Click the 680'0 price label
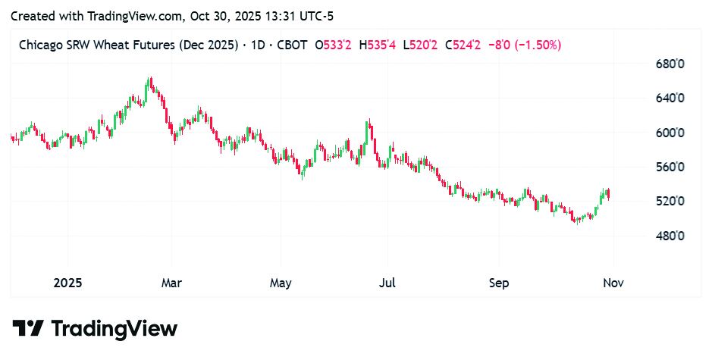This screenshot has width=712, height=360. point(670,64)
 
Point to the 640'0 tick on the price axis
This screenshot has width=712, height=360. point(670,99)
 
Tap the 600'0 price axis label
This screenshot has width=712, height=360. point(670,133)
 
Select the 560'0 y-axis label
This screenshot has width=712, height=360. point(670,167)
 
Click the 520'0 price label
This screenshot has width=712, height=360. point(670,202)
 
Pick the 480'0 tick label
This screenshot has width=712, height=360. point(670,236)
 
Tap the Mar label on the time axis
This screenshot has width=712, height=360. point(171,283)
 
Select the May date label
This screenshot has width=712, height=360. point(281,283)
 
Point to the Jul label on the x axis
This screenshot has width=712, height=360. point(387,283)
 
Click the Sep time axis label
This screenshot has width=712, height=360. point(498,283)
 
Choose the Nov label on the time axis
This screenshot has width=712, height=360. point(613,283)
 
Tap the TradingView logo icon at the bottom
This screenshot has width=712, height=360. point(29,328)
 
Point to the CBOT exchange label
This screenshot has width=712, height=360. point(290,45)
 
